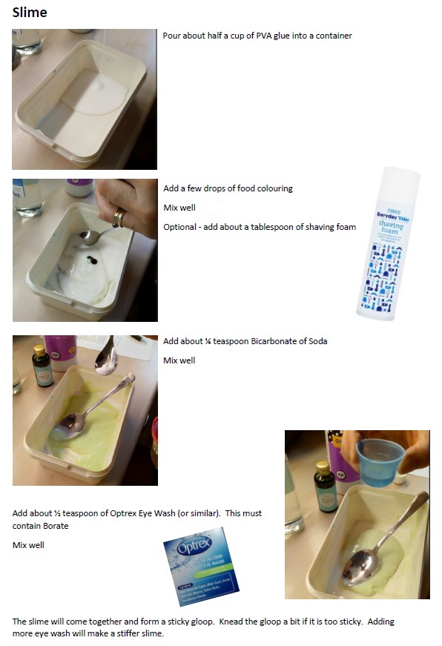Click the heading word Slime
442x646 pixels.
coord(30,12)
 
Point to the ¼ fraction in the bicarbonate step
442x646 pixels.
coord(224,341)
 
